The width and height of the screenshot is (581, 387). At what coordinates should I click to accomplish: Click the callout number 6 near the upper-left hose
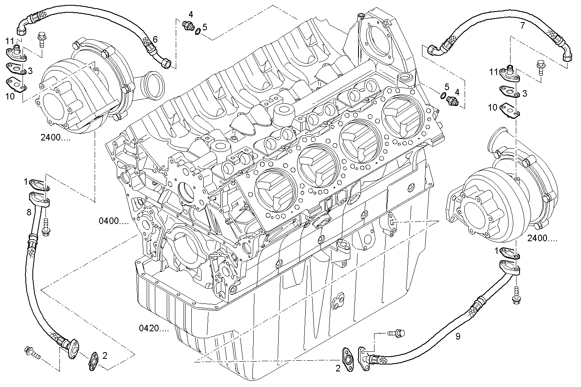tap(155, 39)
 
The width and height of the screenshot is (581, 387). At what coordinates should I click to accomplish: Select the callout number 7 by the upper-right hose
tap(522, 26)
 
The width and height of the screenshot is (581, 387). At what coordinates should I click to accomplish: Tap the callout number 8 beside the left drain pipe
tap(29, 212)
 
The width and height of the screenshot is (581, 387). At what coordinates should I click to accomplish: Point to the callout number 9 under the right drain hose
tap(458, 337)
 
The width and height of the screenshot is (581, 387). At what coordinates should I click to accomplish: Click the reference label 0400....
tap(113, 221)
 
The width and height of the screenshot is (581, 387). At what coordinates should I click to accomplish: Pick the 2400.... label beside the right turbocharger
tap(542, 238)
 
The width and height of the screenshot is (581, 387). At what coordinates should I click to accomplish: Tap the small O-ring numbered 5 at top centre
tap(197, 31)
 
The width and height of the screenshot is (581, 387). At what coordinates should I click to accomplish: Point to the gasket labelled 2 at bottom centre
tap(348, 358)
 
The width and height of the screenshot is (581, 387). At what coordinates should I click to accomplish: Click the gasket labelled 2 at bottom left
tap(93, 360)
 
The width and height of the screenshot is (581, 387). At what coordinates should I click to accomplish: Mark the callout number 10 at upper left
tap(10, 96)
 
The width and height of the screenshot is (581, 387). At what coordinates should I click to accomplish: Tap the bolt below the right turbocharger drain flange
tap(516, 295)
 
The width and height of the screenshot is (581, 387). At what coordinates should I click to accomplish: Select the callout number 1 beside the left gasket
tap(25, 181)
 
